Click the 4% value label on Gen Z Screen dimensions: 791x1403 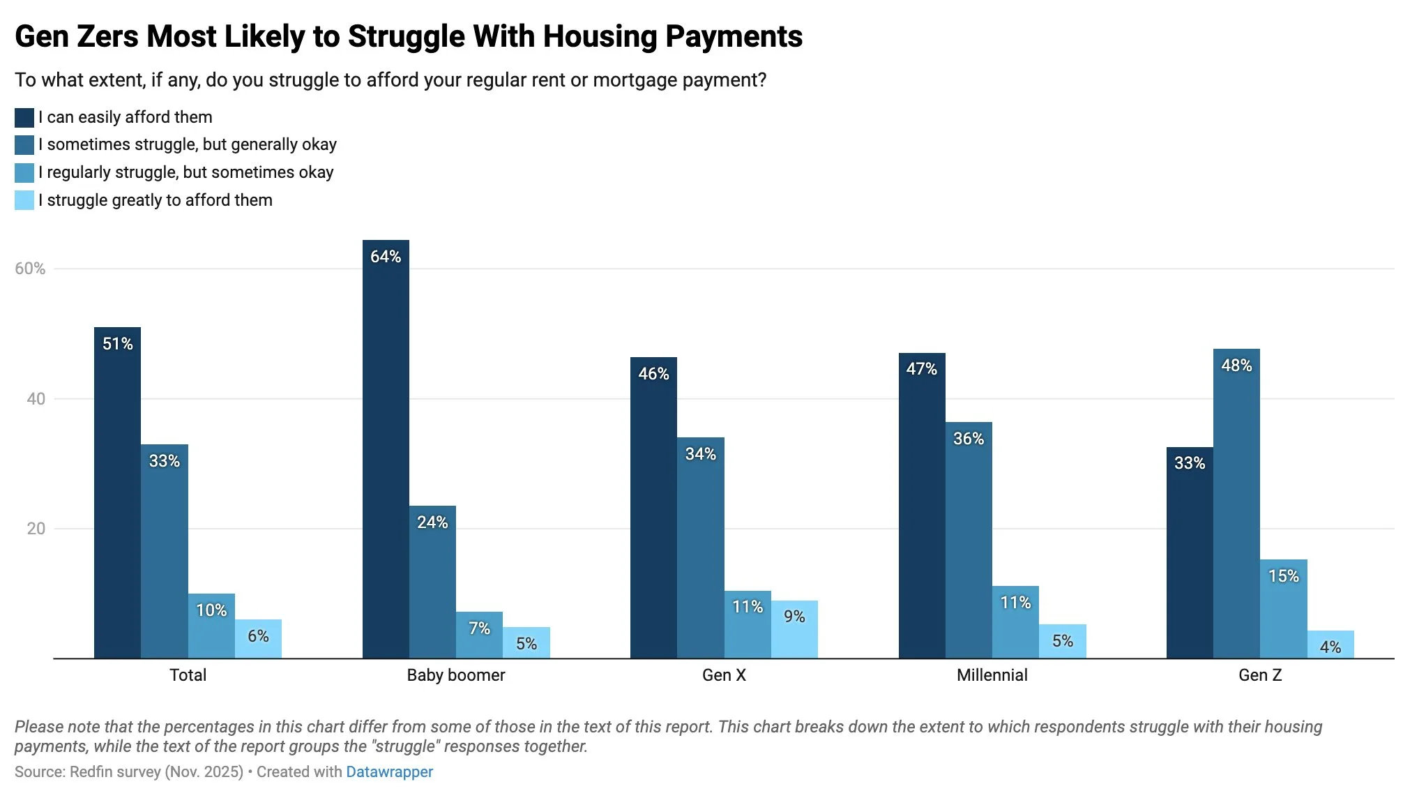tap(1330, 647)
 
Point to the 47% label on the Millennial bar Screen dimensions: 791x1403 tap(921, 369)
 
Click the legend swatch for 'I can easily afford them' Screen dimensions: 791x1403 tap(24, 118)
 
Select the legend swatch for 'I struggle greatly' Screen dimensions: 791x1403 tap(24, 201)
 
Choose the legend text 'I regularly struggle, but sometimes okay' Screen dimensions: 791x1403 tap(186, 172)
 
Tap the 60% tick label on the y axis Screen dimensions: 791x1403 tap(30, 269)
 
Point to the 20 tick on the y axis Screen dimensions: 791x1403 tap(36, 529)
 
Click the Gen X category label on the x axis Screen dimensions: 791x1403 tap(724, 675)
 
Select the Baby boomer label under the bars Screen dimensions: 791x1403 tap(455, 675)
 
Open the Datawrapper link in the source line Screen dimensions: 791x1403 tap(389, 772)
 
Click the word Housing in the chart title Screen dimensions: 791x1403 tap(600, 36)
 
